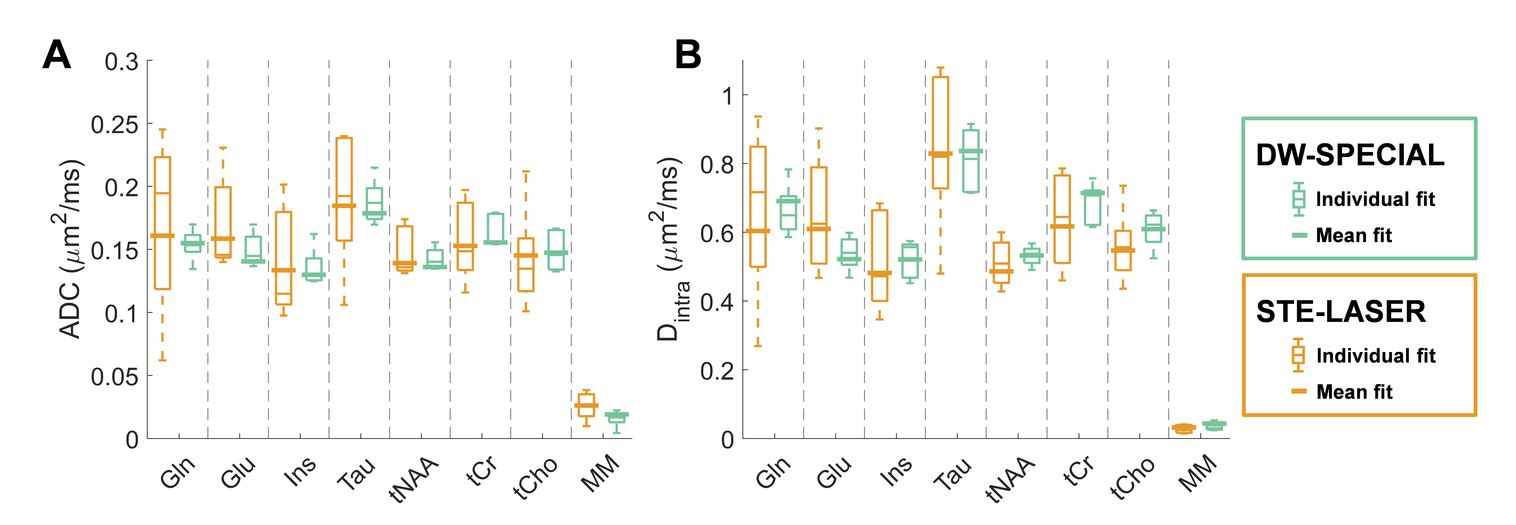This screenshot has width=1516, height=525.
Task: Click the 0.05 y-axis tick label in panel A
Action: click(x=114, y=376)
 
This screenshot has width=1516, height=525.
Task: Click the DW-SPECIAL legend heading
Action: click(x=1350, y=155)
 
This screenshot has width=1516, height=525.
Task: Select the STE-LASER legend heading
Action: click(x=1341, y=312)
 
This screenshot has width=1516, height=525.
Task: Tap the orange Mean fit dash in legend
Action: click(x=1299, y=391)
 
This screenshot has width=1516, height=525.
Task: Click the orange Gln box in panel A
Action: click(x=162, y=223)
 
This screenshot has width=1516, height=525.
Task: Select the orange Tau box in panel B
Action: click(x=941, y=132)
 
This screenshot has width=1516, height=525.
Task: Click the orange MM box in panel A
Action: click(x=586, y=405)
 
